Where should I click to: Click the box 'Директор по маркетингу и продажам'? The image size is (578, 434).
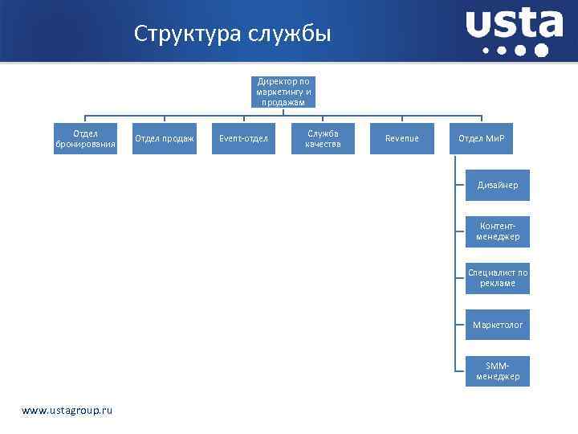pyautogui.click(x=283, y=92)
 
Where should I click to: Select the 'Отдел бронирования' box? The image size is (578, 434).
pyautogui.click(x=86, y=138)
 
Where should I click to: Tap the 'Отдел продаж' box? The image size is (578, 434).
pyautogui.click(x=165, y=138)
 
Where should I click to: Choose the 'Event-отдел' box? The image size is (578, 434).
pyautogui.click(x=243, y=138)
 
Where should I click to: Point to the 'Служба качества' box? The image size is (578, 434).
pyautogui.click(x=323, y=138)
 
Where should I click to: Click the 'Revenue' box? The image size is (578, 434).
pyautogui.click(x=401, y=138)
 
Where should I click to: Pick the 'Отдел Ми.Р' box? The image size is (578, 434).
pyautogui.click(x=481, y=138)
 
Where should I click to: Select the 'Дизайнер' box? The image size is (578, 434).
pyautogui.click(x=498, y=185)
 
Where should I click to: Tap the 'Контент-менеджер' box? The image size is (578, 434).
pyautogui.click(x=498, y=231)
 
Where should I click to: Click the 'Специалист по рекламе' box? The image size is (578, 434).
pyautogui.click(x=498, y=278)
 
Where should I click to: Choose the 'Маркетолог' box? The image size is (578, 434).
pyautogui.click(x=498, y=325)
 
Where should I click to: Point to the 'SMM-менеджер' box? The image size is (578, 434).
pyautogui.click(x=498, y=371)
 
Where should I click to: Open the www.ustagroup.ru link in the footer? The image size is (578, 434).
pyautogui.click(x=67, y=411)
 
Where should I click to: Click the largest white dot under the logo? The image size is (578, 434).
pyautogui.click(x=541, y=51)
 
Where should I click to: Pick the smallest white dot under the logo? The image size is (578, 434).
pyautogui.click(x=486, y=51)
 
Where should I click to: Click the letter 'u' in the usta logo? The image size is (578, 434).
pyautogui.click(x=479, y=25)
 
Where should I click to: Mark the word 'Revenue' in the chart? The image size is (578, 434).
pyautogui.click(x=401, y=138)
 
